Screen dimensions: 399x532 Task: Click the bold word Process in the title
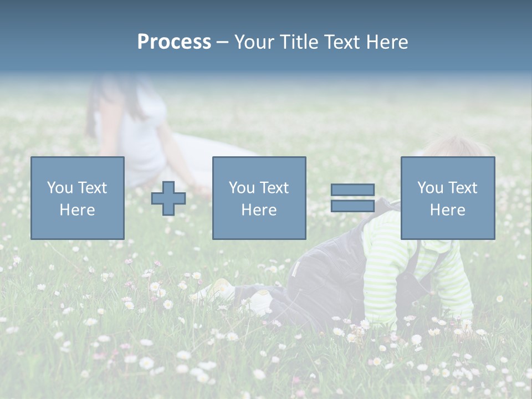click(174, 42)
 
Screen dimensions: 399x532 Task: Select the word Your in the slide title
click(253, 42)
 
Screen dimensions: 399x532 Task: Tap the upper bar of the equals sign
click(352, 190)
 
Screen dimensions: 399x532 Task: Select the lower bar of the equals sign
click(352, 206)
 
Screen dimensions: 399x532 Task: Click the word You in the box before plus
click(60, 188)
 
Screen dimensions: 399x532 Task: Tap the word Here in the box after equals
click(448, 210)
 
